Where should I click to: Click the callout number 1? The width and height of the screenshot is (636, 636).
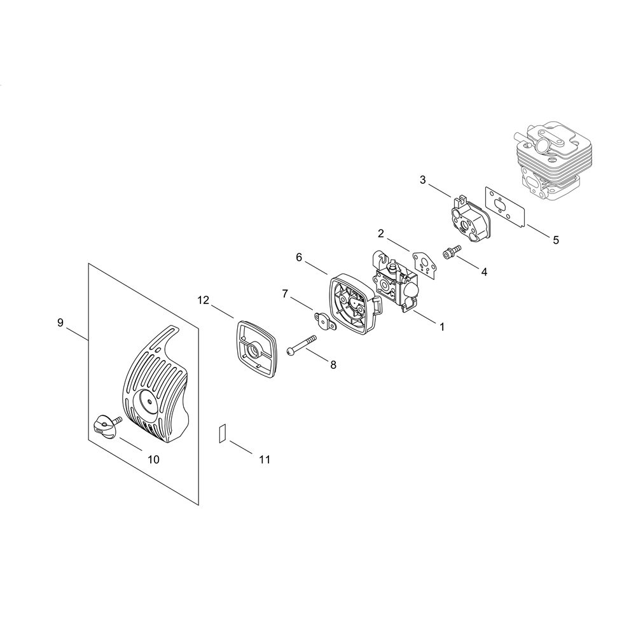[442, 326]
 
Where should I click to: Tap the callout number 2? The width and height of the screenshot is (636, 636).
[380, 233]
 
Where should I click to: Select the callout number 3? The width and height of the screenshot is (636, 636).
[423, 180]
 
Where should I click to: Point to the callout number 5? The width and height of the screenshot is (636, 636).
[556, 240]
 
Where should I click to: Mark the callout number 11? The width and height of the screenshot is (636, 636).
[265, 459]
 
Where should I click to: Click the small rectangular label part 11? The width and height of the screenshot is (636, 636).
[222, 433]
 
